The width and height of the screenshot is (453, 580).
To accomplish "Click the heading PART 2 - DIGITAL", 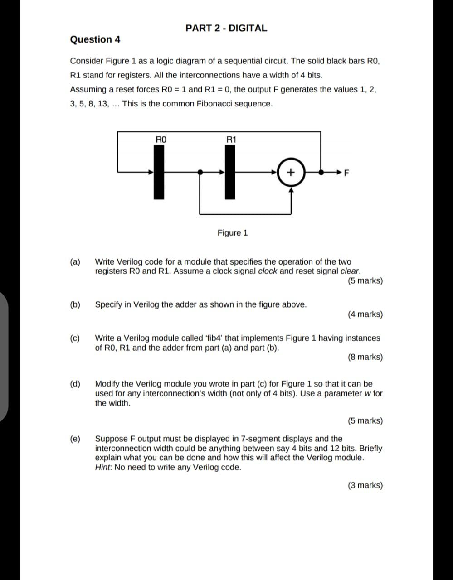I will coord(226,28).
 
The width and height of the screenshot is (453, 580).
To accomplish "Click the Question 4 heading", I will coord(95,39).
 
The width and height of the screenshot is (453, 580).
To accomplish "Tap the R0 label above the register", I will coord(161,140).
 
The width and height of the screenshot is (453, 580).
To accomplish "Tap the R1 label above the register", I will coord(231,140).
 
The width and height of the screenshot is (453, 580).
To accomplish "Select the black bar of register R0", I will coord(159,172).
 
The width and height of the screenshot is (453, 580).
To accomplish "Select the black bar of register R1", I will coord(230,172).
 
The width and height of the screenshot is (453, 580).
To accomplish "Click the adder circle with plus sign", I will coord(291,172).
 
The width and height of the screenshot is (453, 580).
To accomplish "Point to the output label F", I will coord(347,173).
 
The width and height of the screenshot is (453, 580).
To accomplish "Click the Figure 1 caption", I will coord(233,233).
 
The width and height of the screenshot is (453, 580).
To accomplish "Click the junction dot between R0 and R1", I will coord(200,172).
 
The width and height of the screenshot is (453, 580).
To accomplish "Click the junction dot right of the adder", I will coord(321,172).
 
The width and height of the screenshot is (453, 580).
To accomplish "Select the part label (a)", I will coord(75,262).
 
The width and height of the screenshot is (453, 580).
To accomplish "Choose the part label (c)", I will coord(75,338).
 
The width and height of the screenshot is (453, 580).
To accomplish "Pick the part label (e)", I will coord(75,439).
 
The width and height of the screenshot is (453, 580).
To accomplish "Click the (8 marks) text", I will coord(365,357).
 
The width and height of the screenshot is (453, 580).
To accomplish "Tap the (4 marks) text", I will coord(365,314).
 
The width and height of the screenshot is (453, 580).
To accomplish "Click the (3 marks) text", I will coord(365,485).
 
